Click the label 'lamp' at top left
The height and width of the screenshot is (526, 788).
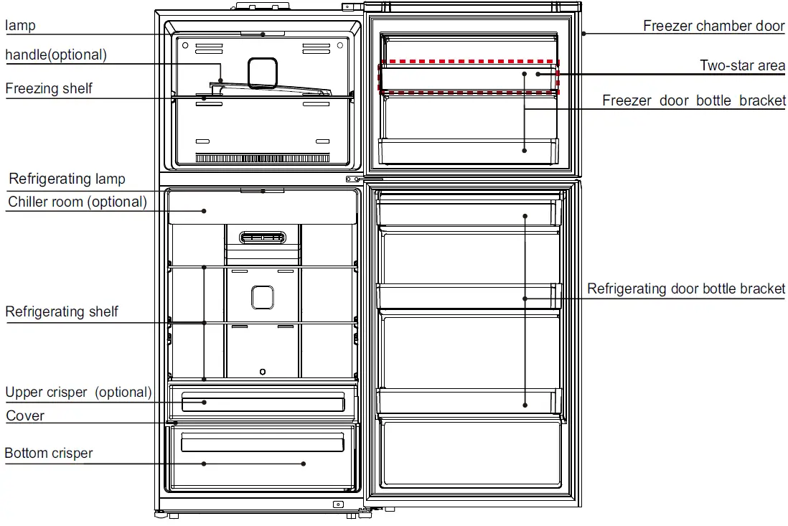pyautogui.click(x=21, y=26)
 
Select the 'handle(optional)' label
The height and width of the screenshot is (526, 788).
pyautogui.click(x=56, y=55)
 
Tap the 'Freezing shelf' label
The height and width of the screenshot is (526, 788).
pyautogui.click(x=49, y=88)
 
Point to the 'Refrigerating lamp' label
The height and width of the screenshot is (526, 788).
pyautogui.click(x=67, y=179)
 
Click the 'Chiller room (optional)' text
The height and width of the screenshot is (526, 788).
pyautogui.click(x=78, y=202)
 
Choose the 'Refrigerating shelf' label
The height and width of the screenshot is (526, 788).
pyautogui.click(x=62, y=311)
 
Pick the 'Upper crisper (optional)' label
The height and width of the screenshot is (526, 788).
pyautogui.click(x=78, y=393)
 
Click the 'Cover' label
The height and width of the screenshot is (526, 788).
pyautogui.click(x=25, y=415)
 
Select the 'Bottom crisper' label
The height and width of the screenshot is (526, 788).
pyautogui.click(x=49, y=453)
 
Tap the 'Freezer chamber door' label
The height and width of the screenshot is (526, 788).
pyautogui.click(x=713, y=26)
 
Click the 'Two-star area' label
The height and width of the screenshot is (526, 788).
pyautogui.click(x=742, y=65)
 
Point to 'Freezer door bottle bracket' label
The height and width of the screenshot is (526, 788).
pyautogui.click(x=693, y=100)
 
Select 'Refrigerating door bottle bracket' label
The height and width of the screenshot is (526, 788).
pyautogui.click(x=686, y=288)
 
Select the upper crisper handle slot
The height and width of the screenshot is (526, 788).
pyautogui.click(x=263, y=403)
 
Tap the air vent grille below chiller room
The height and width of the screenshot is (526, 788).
pyautogui.click(x=263, y=237)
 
